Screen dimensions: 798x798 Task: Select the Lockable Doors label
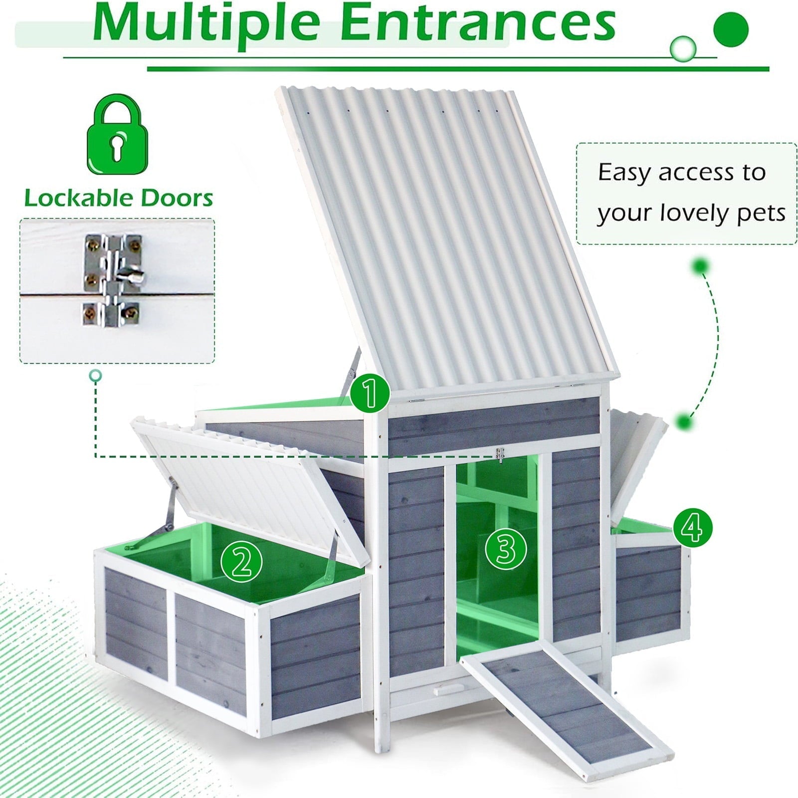119,198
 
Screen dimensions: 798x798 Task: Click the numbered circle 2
241,562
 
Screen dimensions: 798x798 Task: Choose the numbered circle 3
506,548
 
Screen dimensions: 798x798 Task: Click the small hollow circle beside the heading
683,48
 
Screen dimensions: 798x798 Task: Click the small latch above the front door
500,455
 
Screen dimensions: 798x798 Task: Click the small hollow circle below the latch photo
95,376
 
